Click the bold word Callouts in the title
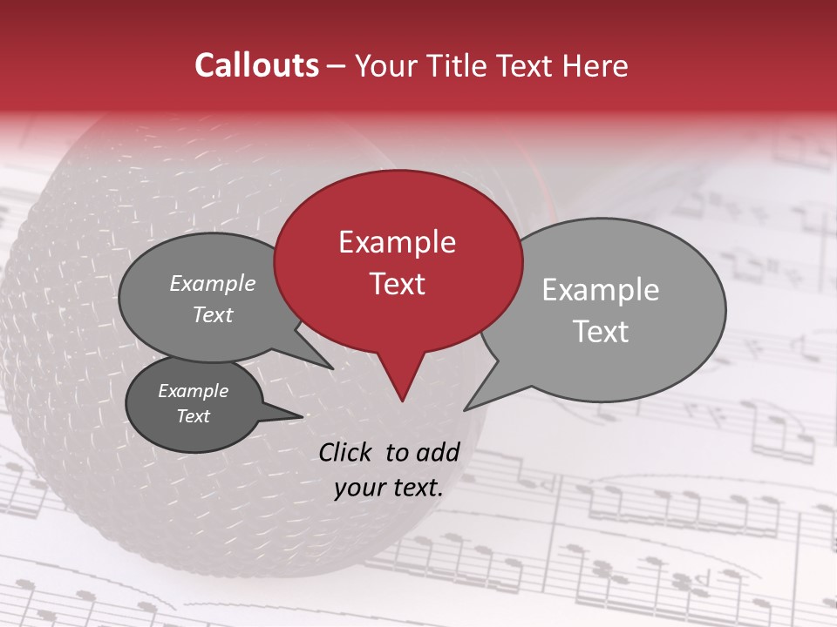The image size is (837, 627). coord(256,65)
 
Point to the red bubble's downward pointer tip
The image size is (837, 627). coord(402,401)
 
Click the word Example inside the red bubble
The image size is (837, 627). coord(397,242)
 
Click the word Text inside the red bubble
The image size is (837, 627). coord(397,284)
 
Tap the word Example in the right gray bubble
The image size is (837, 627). coord(601,290)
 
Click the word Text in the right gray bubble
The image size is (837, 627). coord(601,332)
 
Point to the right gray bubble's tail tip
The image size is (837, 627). coord(465,410)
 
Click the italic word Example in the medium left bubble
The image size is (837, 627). coord(213,283)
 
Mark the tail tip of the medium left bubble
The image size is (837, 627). coord(334,369)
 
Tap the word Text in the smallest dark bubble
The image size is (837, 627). coord(194,416)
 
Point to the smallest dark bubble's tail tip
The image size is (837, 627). coord(303,416)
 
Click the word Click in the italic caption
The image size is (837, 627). coord(346,452)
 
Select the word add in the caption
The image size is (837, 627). coord(438,452)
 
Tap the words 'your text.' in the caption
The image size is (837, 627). coord(389,489)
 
